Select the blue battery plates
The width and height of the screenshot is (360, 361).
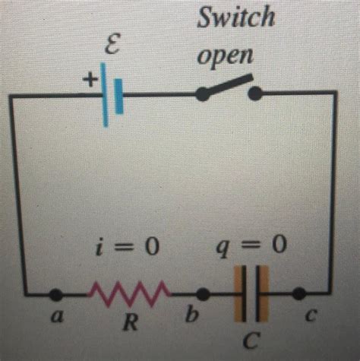click(112, 93)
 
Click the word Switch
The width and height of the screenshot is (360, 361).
click(235, 17)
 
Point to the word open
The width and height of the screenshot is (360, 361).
click(229, 57)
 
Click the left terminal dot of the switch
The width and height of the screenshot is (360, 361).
click(203, 94)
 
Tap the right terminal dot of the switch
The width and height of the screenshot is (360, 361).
click(256, 93)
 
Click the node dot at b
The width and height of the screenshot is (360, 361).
click(203, 293)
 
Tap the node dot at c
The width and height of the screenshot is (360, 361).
click(299, 293)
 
